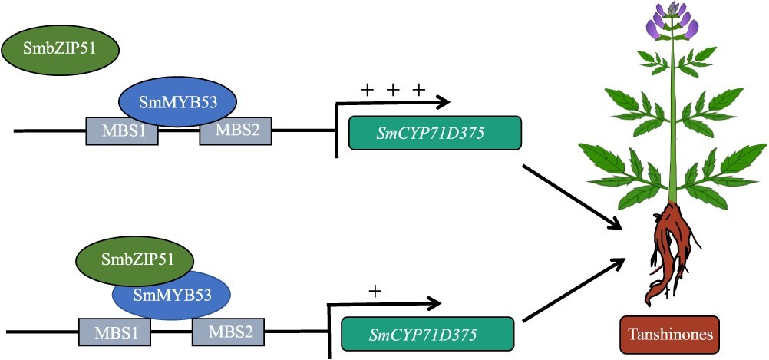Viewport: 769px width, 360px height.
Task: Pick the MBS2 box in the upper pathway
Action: (x=236, y=131)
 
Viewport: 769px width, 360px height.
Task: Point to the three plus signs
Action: (x=392, y=91)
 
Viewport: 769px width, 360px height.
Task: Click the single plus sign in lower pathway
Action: (x=375, y=292)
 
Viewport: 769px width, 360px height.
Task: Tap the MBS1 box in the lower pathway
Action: (x=115, y=333)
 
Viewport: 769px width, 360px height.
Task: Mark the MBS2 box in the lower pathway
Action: (x=228, y=333)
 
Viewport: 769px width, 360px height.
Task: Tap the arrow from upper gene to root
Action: (x=571, y=196)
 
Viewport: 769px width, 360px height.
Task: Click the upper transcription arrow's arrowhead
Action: (x=443, y=102)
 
